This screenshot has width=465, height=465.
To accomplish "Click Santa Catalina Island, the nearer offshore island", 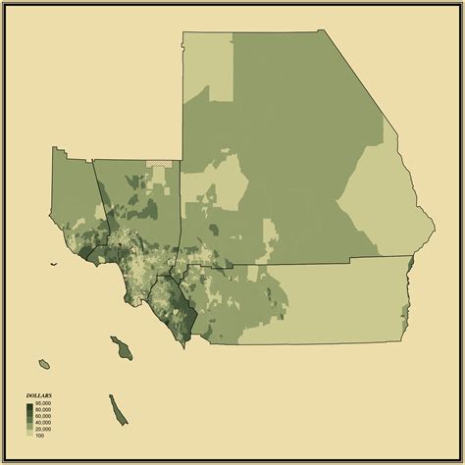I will (121, 346).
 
